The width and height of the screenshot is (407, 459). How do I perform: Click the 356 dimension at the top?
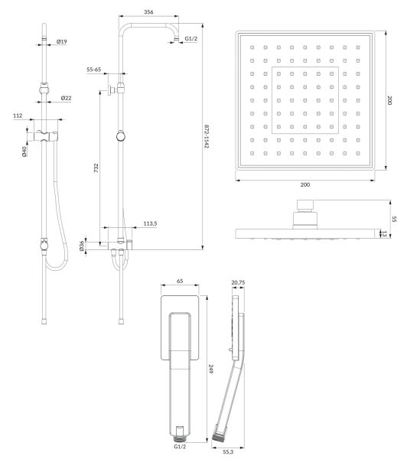148,12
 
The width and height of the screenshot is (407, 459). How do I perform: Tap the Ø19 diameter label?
61,41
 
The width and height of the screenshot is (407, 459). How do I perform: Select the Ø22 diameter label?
66,98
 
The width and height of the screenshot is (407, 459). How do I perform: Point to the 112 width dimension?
18,116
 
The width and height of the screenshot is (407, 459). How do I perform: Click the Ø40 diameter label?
24,151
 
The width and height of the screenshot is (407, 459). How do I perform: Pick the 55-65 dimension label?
93,70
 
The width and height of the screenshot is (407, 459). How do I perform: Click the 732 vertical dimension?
96,168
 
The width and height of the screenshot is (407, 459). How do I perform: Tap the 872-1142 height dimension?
207,136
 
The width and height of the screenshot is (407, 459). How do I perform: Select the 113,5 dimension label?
150,223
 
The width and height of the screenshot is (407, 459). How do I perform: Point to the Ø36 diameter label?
82,246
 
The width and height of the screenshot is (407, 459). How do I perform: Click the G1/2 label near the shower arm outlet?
191,39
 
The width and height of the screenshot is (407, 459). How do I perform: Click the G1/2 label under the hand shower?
180,447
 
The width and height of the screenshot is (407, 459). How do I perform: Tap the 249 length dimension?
210,369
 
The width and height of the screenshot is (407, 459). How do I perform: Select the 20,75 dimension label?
238,282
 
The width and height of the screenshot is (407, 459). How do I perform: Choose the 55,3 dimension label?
228,451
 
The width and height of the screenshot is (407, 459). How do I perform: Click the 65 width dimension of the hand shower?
180,281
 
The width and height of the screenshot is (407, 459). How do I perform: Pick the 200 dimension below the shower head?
304,184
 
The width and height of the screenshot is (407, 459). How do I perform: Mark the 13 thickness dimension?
384,234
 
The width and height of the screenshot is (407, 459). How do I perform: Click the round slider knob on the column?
121,136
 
